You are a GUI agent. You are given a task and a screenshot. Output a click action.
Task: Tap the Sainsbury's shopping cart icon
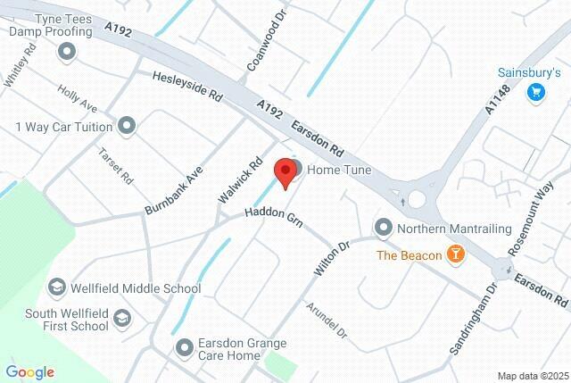[535, 91]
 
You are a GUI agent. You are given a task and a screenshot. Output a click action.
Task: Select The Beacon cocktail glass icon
[456, 255]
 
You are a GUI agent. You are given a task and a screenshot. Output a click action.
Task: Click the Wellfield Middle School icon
[57, 288]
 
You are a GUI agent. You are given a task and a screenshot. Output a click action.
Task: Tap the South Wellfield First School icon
[121, 318]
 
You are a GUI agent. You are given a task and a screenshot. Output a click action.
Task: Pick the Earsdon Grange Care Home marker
[185, 346]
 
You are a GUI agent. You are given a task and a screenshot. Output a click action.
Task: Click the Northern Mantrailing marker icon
[384, 227]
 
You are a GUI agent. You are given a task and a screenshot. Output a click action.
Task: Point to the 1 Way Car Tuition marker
[126, 126]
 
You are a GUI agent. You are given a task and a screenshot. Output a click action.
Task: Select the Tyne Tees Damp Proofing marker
[65, 52]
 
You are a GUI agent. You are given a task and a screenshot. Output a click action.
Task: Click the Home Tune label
[340, 170]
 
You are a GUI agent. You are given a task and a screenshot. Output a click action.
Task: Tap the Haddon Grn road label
[275, 218]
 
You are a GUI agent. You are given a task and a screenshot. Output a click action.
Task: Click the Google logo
[29, 372]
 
